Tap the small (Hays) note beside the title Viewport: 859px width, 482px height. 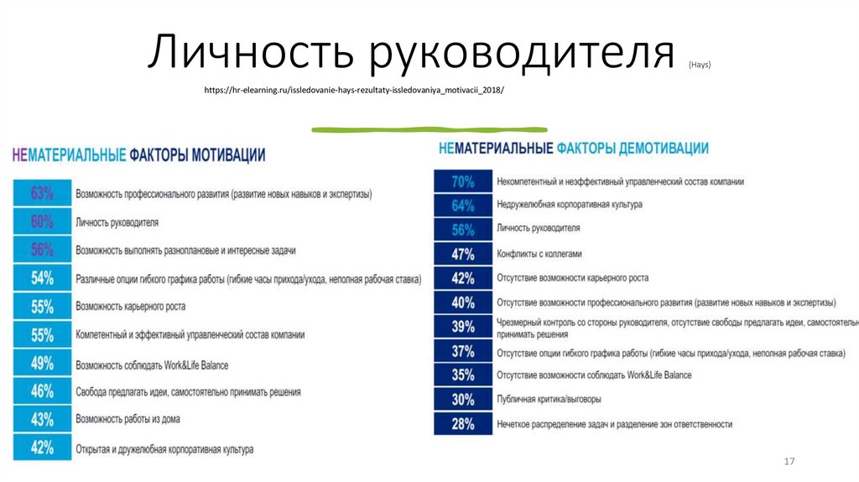pyautogui.click(x=700, y=65)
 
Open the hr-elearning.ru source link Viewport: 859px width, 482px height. pyautogui.click(x=355, y=89)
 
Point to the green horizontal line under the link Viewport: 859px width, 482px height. pyautogui.click(x=429, y=129)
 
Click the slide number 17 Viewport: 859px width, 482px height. pyautogui.click(x=788, y=462)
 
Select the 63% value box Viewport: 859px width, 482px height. pyautogui.click(x=42, y=194)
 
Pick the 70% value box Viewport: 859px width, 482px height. pyautogui.click(x=462, y=181)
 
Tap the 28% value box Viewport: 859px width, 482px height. pyautogui.click(x=462, y=424)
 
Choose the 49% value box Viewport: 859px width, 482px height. pyautogui.click(x=42, y=364)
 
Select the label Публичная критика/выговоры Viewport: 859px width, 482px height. pyautogui.click(x=549, y=400)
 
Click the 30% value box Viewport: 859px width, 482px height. pyautogui.click(x=462, y=400)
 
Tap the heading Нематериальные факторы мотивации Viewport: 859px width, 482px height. pyautogui.click(x=138, y=155)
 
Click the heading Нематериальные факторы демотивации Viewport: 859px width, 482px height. pyautogui.click(x=573, y=148)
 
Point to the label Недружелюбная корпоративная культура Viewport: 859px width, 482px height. pyautogui.click(x=569, y=205)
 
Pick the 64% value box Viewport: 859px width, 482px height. pyautogui.click(x=462, y=206)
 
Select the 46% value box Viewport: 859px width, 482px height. pyautogui.click(x=42, y=391)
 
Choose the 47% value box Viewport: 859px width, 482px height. pyautogui.click(x=462, y=254)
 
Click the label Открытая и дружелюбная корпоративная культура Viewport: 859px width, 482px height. pyautogui.click(x=164, y=449)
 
